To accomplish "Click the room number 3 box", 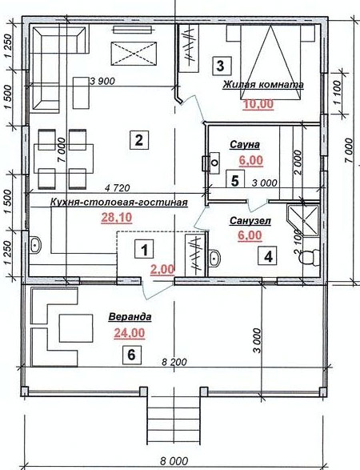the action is click(222, 66).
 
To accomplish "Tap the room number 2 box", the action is click(138, 140).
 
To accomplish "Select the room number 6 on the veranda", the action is click(131, 355).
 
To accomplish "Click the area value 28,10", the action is click(117, 218).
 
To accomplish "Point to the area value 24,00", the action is click(130, 333).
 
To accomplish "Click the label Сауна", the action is click(245, 145).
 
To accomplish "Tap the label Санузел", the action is click(250, 221).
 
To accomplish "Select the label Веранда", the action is click(130, 317).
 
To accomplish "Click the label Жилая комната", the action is click(263, 85).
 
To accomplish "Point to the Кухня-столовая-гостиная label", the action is click(119, 203).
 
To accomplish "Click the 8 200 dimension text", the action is click(174, 362).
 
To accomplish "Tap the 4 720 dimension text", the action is click(118, 188).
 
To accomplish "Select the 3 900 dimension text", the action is click(102, 81).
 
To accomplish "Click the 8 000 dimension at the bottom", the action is click(174, 460).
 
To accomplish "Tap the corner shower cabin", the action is click(303, 220).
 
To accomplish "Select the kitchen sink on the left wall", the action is click(36, 245).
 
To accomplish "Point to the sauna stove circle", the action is click(214, 163).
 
